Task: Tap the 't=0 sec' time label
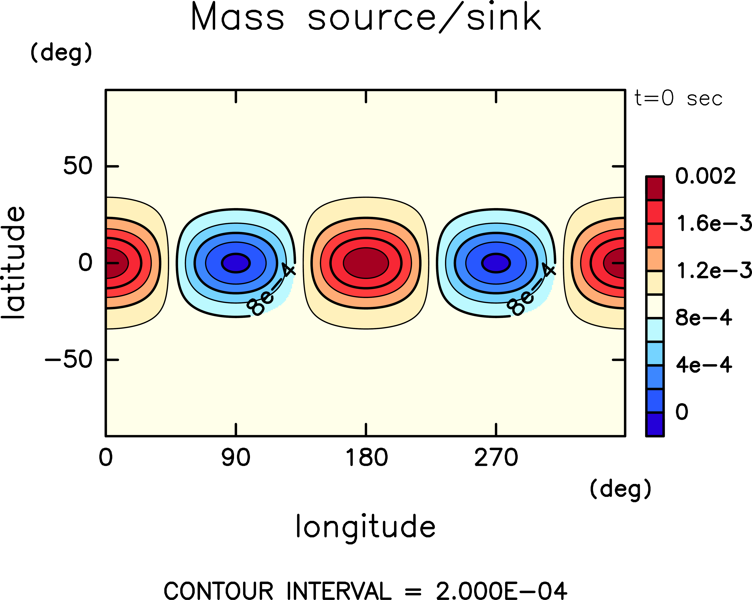click(678, 99)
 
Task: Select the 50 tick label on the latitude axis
click(78, 166)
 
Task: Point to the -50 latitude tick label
click(69, 359)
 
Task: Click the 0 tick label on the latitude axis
click(86, 263)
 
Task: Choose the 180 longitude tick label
click(366, 458)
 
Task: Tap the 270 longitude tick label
click(496, 458)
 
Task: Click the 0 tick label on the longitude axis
click(106, 458)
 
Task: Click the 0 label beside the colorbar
click(682, 412)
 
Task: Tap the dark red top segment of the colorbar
click(655, 188)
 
